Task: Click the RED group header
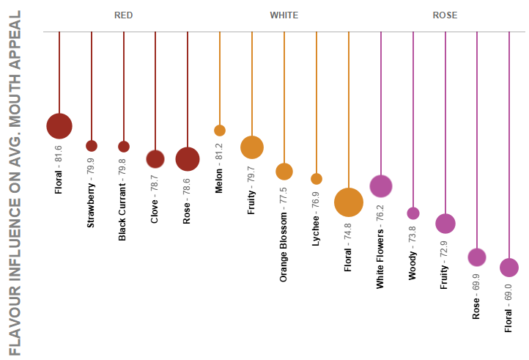pos(124,15)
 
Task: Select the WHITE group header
pos(284,15)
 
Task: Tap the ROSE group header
pos(445,15)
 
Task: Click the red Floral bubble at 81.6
pos(59,125)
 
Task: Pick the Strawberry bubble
pos(92,146)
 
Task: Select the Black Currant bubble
pos(124,146)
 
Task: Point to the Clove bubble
pos(155,158)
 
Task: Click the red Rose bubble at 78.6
pos(188,158)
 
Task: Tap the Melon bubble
pos(220,131)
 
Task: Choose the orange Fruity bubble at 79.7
pos(252,147)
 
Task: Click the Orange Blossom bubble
pos(284,172)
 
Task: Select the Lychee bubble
pos(317,179)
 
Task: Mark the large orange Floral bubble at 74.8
pos(349,202)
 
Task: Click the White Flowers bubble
pos(380,186)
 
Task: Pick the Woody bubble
pos(413,213)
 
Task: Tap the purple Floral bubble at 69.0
pos(509,268)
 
